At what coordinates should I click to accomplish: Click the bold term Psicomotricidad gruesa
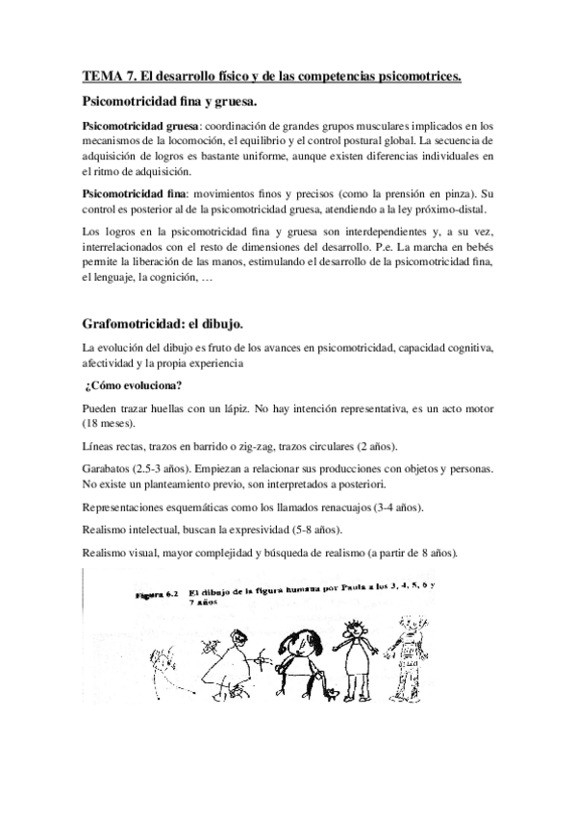[x=141, y=126]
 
